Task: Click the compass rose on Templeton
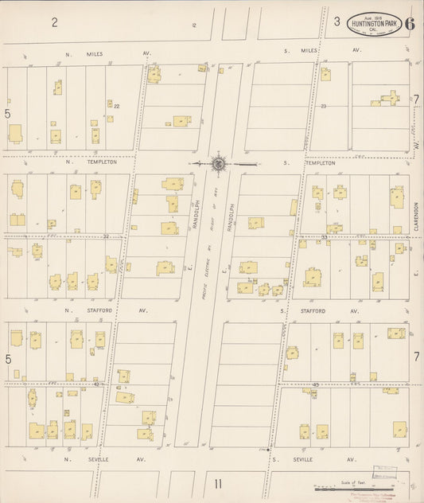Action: coord(217,163)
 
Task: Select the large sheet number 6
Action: coord(409,22)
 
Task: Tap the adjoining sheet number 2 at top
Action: coord(55,21)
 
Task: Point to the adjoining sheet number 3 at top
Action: coord(336,21)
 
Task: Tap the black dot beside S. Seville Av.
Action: coord(268,450)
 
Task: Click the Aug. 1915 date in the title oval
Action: coord(373,15)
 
